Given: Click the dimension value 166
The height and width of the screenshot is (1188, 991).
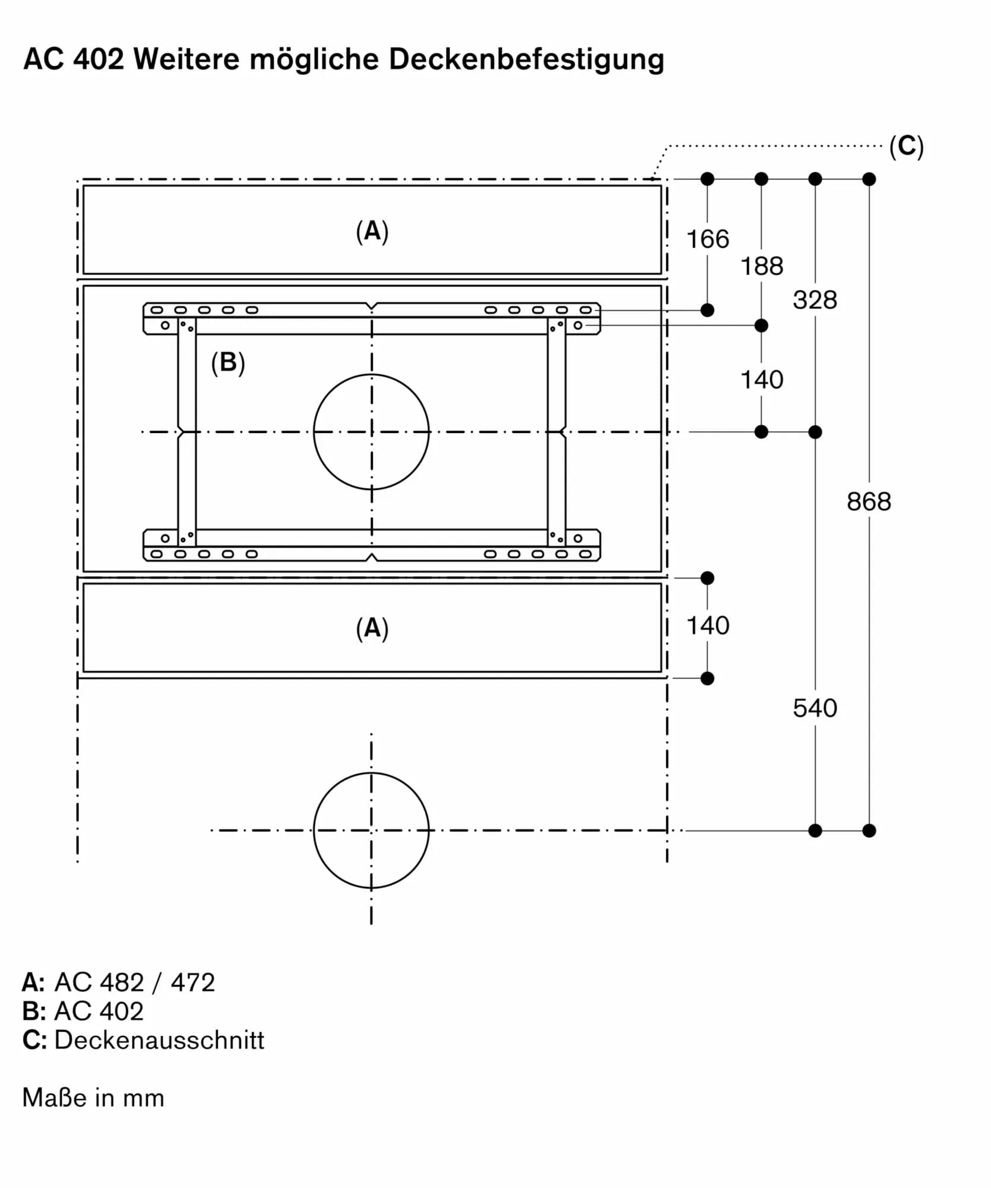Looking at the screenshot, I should (x=707, y=239).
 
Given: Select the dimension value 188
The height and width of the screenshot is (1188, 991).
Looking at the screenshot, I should (x=761, y=266).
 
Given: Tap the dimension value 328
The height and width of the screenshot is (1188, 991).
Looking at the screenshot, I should (x=815, y=300).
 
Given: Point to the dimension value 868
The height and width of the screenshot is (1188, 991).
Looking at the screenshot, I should (x=869, y=502).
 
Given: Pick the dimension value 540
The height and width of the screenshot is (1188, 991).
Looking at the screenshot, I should (x=815, y=708).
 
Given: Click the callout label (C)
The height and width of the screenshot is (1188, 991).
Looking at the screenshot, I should (x=906, y=146).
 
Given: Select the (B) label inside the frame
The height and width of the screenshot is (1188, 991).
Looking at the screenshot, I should (x=228, y=362).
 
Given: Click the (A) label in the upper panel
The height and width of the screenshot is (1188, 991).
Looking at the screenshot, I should (x=372, y=231).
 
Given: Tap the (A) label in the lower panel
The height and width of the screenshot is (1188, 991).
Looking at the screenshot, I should (x=372, y=628).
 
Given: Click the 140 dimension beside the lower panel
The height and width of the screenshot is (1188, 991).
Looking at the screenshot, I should (x=707, y=625).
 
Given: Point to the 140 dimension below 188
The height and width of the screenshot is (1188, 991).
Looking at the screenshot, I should (x=761, y=380).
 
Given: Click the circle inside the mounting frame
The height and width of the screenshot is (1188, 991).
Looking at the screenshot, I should (x=371, y=432).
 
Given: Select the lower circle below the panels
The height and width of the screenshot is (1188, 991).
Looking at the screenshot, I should (x=371, y=830).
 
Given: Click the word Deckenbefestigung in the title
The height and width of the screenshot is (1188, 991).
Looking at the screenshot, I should (x=526, y=59).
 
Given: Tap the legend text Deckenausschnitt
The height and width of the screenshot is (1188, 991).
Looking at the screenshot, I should (x=159, y=1039).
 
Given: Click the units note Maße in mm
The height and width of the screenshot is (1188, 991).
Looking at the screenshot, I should (x=93, y=1098).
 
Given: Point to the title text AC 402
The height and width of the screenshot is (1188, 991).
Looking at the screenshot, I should (x=74, y=59).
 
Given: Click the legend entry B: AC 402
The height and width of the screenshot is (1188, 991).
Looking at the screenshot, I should (x=83, y=1011).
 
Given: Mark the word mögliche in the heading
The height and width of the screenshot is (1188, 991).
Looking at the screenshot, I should (x=314, y=59).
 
